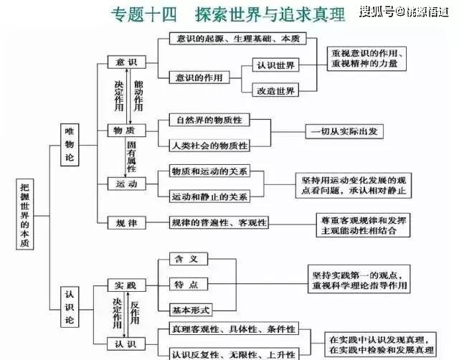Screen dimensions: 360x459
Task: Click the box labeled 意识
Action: click(126, 62)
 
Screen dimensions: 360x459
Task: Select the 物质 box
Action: click(126, 131)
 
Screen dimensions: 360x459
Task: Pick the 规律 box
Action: click(126, 222)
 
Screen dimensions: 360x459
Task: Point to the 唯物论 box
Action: click(70, 145)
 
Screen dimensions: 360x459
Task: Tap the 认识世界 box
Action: click(276, 65)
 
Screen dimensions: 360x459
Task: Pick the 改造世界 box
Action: click(276, 90)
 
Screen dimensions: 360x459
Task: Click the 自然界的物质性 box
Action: click(207, 118)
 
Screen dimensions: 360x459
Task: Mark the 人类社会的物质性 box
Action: click(209, 146)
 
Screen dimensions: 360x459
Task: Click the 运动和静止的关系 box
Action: click(209, 196)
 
